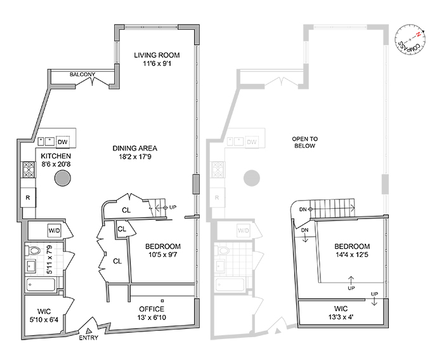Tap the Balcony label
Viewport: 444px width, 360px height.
click(82, 74)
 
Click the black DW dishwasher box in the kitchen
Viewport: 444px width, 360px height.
click(62, 142)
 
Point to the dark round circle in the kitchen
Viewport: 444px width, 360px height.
click(62, 178)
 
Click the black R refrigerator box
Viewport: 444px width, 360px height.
click(29, 197)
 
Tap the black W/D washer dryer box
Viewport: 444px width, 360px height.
click(54, 229)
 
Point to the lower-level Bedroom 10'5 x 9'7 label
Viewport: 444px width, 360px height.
click(163, 251)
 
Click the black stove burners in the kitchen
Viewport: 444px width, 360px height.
click(29, 170)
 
